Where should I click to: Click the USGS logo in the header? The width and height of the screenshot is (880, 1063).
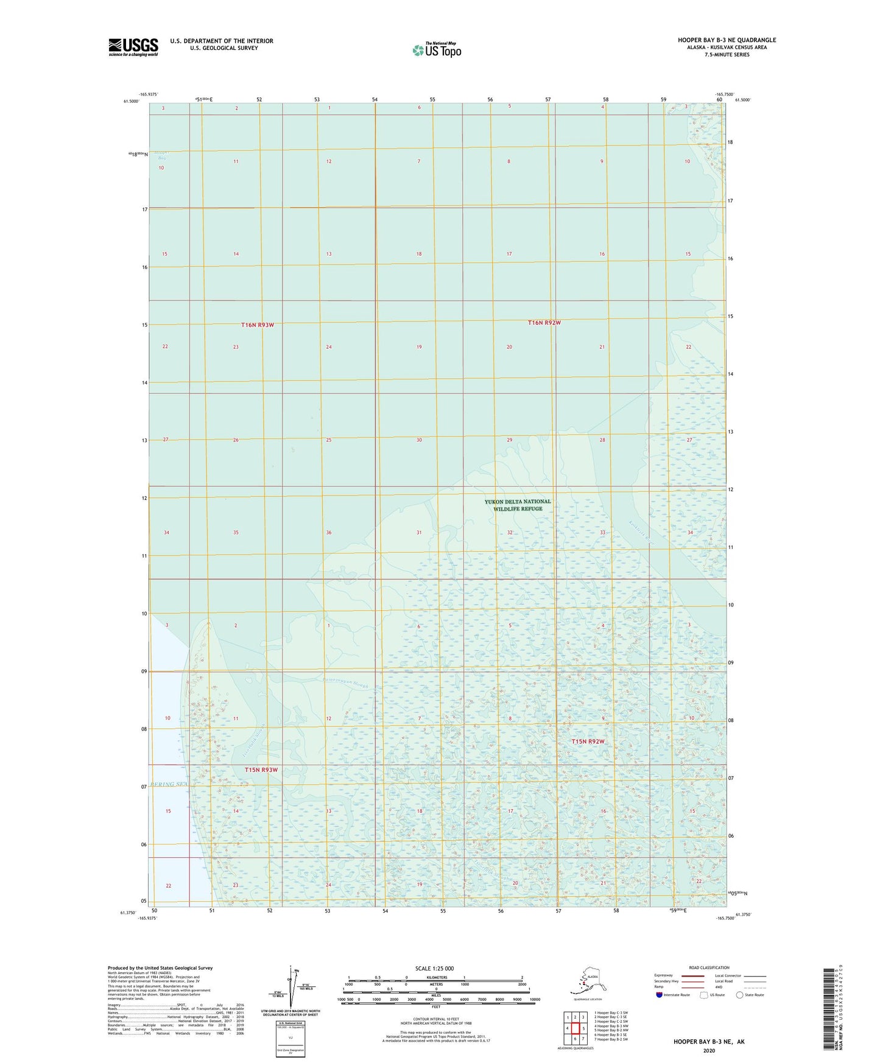click(x=133, y=47)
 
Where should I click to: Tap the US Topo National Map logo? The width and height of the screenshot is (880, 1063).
click(x=437, y=50)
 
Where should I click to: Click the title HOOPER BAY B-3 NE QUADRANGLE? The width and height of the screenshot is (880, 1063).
click(x=727, y=40)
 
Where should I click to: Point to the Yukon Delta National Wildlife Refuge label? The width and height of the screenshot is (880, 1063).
click(x=518, y=505)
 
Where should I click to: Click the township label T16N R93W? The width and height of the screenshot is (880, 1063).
click(x=257, y=325)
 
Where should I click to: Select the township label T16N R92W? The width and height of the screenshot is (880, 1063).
click(x=544, y=323)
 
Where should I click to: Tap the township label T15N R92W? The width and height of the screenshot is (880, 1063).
click(x=588, y=742)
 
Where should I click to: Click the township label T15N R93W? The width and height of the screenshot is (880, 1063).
click(x=261, y=770)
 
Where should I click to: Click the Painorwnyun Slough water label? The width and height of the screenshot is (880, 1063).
click(x=345, y=682)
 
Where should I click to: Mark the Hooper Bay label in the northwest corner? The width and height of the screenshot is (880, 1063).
click(x=161, y=155)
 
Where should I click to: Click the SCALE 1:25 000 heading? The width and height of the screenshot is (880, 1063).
click(x=434, y=968)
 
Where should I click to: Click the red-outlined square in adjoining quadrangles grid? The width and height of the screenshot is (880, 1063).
click(x=575, y=1028)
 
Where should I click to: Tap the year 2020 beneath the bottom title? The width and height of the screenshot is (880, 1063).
click(x=708, y=1050)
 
